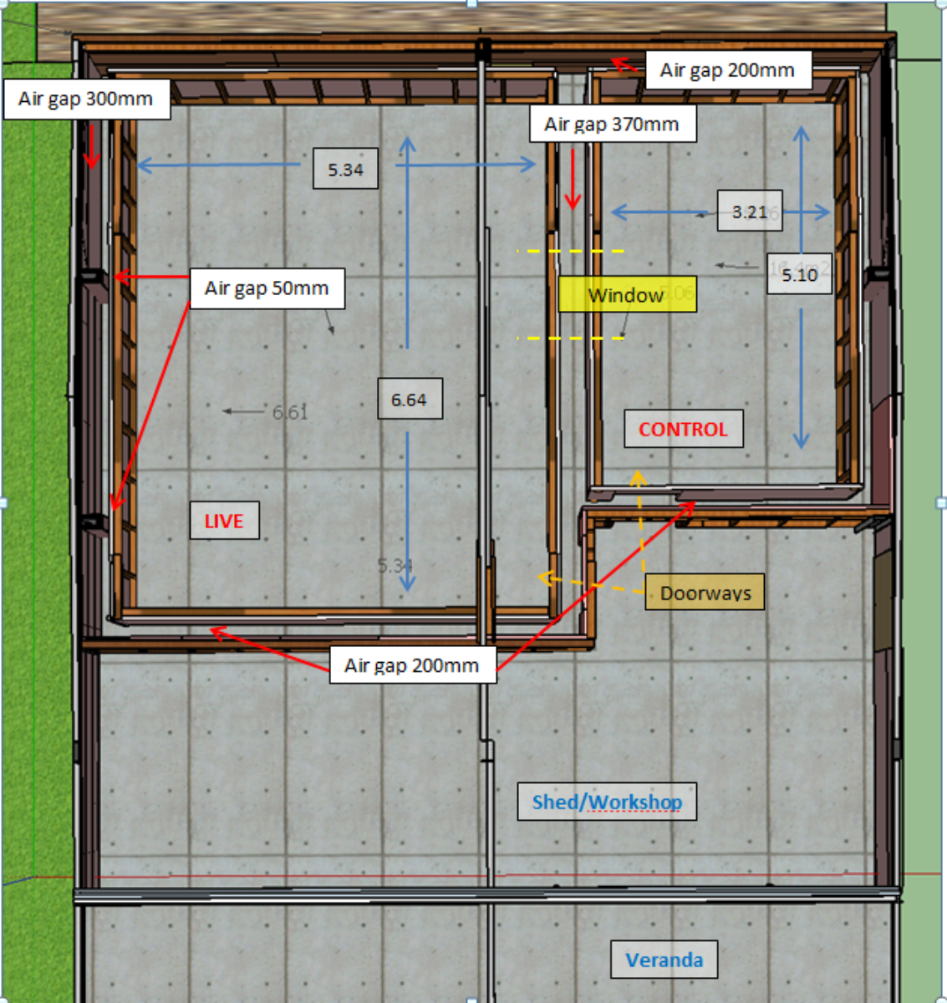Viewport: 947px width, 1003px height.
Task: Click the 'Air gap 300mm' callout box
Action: (87, 99)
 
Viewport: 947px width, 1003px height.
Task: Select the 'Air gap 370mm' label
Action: (612, 125)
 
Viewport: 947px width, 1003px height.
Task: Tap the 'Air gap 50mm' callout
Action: (267, 288)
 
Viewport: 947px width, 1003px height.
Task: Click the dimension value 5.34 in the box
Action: (345, 170)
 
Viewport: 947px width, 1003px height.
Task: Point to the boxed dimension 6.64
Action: (410, 400)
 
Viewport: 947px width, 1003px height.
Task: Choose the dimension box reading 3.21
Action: (750, 211)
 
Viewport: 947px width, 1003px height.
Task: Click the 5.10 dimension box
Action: (800, 274)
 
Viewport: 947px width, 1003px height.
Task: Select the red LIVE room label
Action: (224, 521)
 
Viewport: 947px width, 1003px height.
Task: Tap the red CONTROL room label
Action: (683, 429)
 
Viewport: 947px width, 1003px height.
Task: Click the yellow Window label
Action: (626, 295)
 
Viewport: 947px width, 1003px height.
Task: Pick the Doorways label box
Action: (705, 593)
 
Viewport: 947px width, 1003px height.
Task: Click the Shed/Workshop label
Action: (607, 802)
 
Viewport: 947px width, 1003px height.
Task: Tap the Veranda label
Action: (664, 960)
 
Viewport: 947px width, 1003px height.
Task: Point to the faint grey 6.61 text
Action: (290, 411)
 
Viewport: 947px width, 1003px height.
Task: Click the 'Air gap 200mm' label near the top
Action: (727, 70)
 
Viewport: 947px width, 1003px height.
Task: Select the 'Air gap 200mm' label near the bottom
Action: (412, 665)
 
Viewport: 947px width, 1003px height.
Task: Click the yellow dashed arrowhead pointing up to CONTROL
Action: (639, 477)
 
